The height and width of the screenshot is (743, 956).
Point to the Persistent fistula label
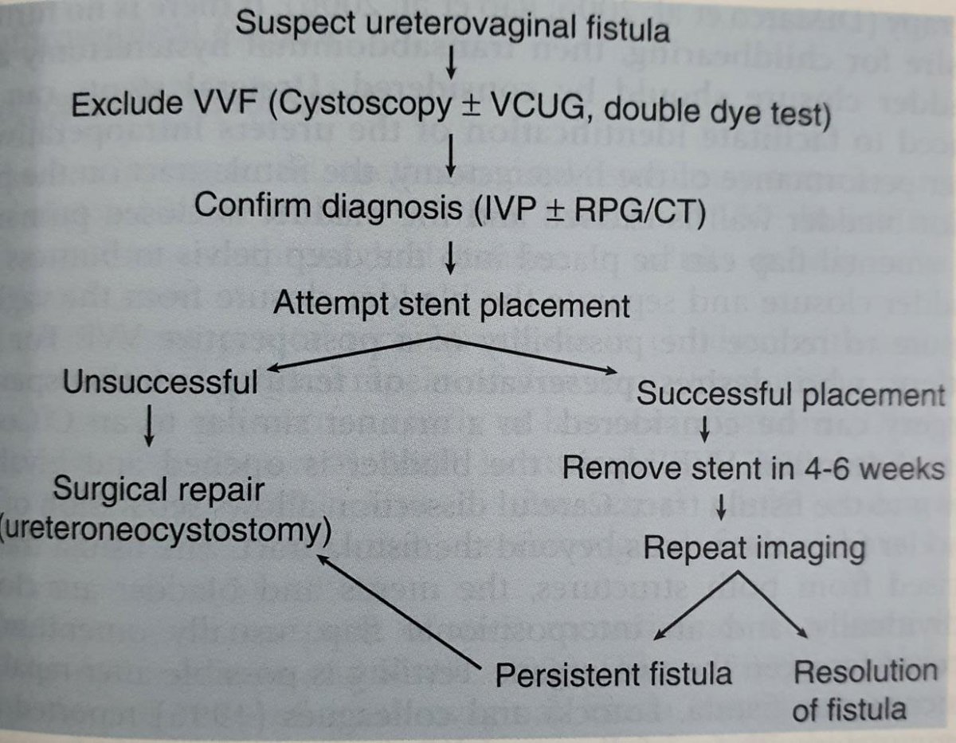coord(614,674)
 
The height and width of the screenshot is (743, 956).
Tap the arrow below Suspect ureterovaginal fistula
coord(451,66)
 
